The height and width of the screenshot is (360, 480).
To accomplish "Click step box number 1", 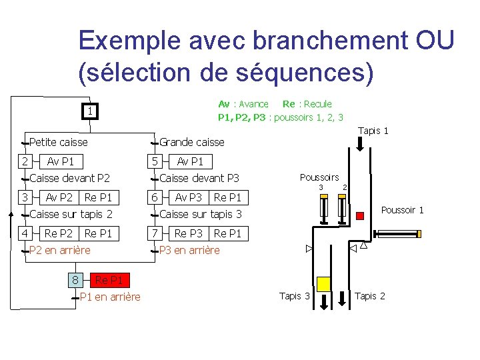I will (89, 111).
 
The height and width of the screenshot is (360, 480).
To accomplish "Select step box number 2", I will (24, 161).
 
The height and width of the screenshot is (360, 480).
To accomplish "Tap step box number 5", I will (154, 161).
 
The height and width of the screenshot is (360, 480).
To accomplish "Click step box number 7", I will (154, 233).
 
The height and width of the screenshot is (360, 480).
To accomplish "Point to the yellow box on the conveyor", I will (323, 283).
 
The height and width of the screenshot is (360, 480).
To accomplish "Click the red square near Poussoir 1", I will (360, 215).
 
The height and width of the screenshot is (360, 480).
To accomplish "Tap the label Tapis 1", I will (373, 131).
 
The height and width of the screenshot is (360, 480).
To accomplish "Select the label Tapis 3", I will (295, 296).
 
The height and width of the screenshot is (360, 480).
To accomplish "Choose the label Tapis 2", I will (370, 296).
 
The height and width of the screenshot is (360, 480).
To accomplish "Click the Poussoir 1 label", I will (402, 210).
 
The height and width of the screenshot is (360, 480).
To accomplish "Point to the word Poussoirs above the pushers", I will (319, 177).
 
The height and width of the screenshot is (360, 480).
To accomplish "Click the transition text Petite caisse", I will (59, 142).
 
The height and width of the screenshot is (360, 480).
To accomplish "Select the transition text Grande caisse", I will (192, 142).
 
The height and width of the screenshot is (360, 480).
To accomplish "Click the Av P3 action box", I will (188, 197).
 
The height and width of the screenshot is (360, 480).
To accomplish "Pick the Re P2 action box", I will (59, 233).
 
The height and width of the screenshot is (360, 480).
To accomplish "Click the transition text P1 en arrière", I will (110, 297).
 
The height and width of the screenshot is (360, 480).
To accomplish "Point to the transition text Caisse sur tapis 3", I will (201, 214).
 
